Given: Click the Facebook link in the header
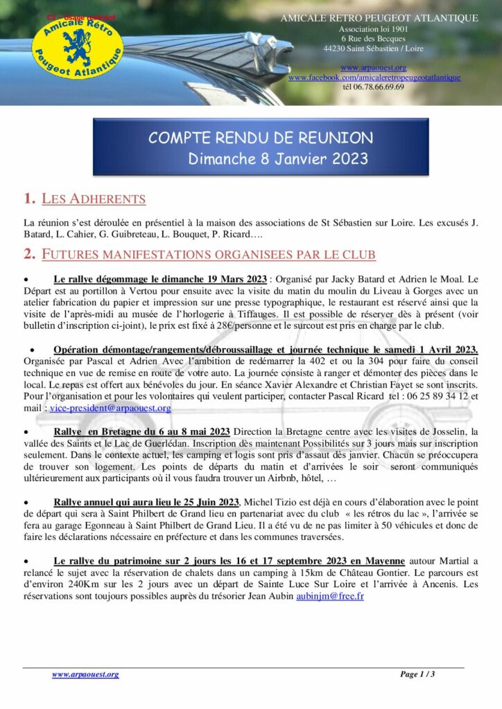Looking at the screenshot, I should (x=374, y=78).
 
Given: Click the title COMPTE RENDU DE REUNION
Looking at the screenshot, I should (x=261, y=138).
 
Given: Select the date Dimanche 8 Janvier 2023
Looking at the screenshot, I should (x=278, y=159).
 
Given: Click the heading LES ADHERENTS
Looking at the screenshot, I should (x=94, y=199).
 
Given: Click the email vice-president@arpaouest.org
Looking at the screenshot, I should (x=102, y=409).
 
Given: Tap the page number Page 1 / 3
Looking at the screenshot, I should (x=417, y=674).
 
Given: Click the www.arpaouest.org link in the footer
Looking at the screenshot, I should (x=85, y=674).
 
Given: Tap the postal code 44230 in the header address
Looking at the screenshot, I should (x=336, y=48).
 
